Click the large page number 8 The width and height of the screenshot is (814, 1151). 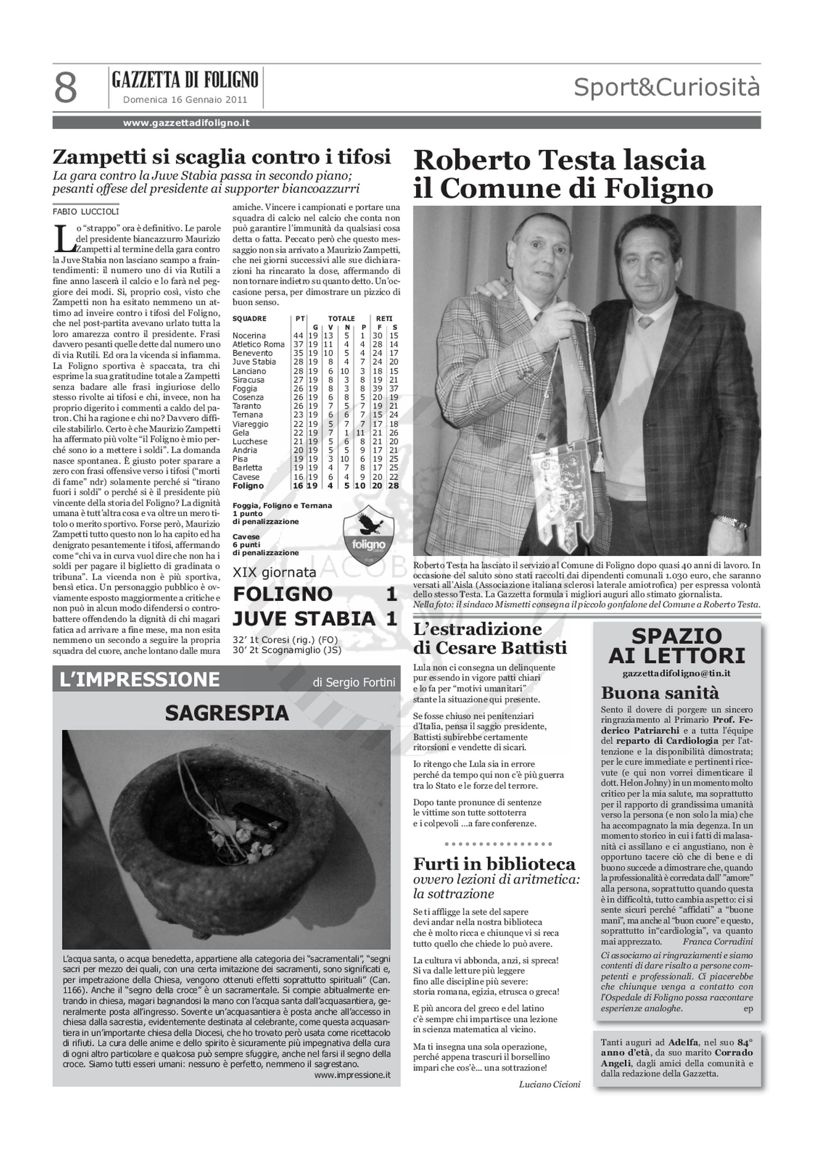click(66, 88)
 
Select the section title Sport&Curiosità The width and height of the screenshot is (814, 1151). click(667, 87)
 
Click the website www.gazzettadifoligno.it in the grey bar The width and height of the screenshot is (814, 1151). click(187, 123)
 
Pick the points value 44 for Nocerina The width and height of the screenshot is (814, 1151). click(298, 335)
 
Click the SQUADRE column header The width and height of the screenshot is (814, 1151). click(250, 318)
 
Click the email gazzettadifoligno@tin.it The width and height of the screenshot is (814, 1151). click(676, 673)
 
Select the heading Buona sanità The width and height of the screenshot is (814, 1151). click(660, 693)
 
